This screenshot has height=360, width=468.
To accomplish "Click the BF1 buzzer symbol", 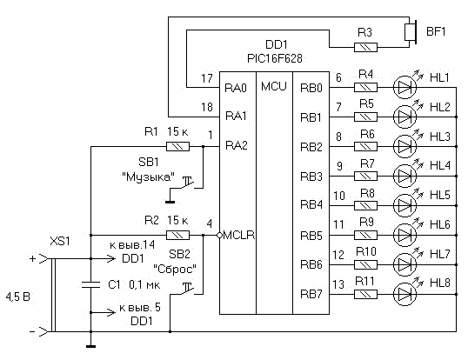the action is click(x=410, y=32).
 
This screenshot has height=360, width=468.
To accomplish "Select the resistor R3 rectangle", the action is click(x=365, y=47).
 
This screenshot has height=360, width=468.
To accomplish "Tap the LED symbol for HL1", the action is click(x=404, y=87).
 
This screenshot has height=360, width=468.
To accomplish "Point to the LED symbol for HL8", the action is click(x=404, y=294).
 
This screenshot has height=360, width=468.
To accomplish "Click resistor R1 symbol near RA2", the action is click(x=177, y=146).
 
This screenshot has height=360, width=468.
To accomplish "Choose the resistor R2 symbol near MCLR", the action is click(x=177, y=236).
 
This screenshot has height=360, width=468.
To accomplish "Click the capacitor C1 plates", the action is click(x=90, y=284).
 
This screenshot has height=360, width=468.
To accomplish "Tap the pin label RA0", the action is click(x=236, y=88).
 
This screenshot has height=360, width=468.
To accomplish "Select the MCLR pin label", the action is click(x=238, y=235).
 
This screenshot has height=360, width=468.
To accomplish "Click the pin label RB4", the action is click(x=311, y=205).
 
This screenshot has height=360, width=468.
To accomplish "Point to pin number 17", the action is click(x=207, y=78).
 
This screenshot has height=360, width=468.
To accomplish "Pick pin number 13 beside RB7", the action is click(x=338, y=284).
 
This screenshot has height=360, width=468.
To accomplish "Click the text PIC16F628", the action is click(x=275, y=58).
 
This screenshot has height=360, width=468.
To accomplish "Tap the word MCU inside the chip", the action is click(x=274, y=86).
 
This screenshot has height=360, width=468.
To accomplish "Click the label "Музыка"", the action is click(x=149, y=177).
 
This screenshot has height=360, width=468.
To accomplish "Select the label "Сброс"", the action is click(x=175, y=269).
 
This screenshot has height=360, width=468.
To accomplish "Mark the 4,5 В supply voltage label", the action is click(x=18, y=297).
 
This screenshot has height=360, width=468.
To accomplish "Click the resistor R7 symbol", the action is click(x=365, y=176).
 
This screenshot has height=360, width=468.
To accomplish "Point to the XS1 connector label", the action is click(x=60, y=241).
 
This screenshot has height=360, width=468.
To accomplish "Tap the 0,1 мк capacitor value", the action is click(x=144, y=285).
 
